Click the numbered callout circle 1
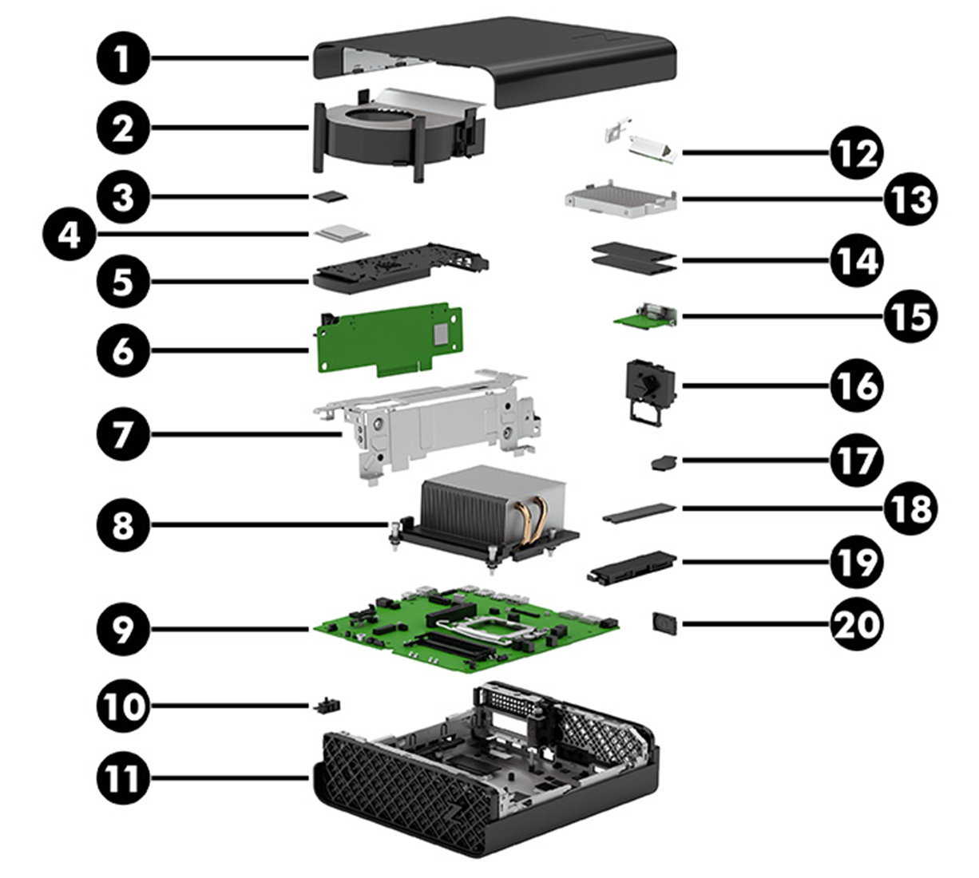[122, 61]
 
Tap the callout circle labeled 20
[856, 623]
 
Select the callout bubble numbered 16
[856, 386]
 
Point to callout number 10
[122, 706]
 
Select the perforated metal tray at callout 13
[620, 196]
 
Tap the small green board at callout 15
[645, 317]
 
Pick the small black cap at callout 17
[662, 462]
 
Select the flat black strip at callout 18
[639, 511]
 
